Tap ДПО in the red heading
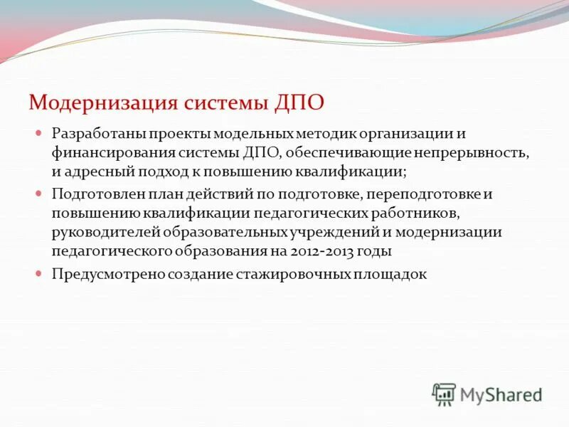(299, 102)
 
